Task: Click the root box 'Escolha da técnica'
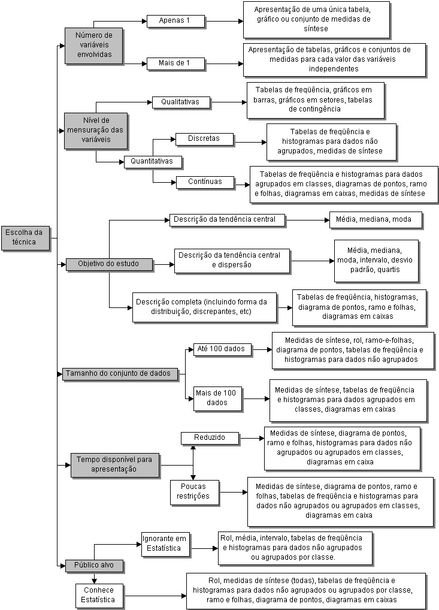coord(26,237)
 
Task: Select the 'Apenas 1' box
coord(175,21)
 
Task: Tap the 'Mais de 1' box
coord(175,64)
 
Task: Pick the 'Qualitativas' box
coord(181,102)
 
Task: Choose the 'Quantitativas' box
coord(153,162)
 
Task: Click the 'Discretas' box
coord(205,139)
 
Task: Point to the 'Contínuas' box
coord(205,182)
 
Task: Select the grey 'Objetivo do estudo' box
coord(109,264)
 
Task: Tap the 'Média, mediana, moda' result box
coord(376,220)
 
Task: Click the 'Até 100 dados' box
coord(222,349)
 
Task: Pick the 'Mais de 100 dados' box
coord(217,398)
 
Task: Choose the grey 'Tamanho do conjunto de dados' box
coord(120,374)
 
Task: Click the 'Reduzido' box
coord(210,438)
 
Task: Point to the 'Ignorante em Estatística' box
coord(166,544)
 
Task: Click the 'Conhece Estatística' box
coord(99,596)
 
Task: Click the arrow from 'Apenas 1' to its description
coord(224,22)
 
